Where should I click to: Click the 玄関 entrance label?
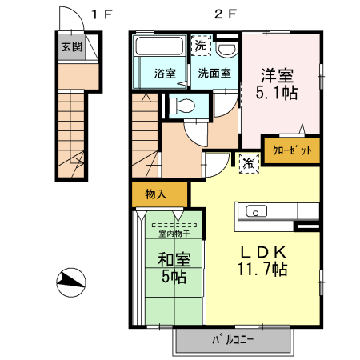point(71,47)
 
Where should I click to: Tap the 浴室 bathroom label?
point(165,73)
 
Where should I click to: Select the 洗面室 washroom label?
point(214,73)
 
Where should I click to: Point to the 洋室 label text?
point(278,76)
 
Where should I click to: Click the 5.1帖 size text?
point(278,94)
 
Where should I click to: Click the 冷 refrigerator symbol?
point(250,162)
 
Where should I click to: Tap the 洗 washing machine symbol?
point(200,46)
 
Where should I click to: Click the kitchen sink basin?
point(257,212)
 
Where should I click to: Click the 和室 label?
point(173,260)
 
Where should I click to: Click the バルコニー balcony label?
point(233,339)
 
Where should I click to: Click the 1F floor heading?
point(102,13)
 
